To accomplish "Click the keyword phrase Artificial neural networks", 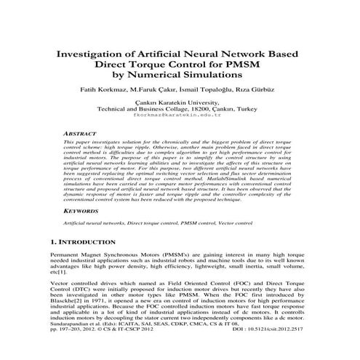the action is (92, 222).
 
